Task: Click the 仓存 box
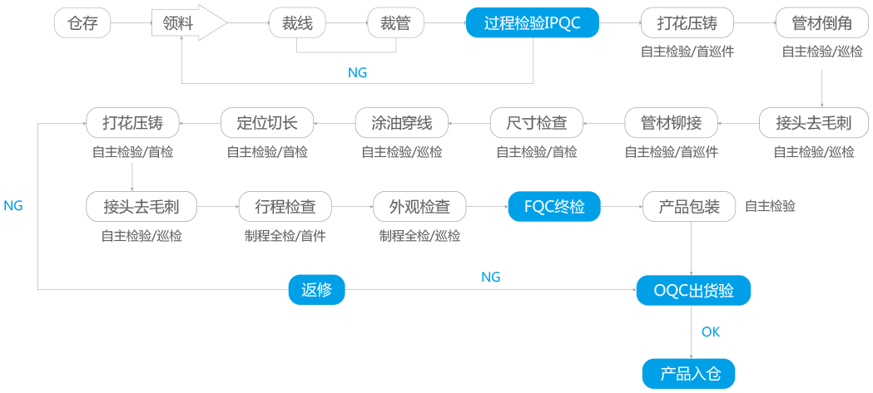[x=82, y=23]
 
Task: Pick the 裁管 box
[x=396, y=23]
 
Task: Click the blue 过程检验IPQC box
[x=532, y=23]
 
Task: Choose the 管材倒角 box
[x=822, y=23]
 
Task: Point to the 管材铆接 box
[x=671, y=123]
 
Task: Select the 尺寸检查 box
[x=537, y=123]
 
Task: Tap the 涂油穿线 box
[x=401, y=123]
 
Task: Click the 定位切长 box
[x=267, y=123]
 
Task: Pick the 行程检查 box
[x=284, y=206]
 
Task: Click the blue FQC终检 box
[x=553, y=206]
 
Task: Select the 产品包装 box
[x=689, y=206]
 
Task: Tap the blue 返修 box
[x=316, y=290]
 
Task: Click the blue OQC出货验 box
[x=694, y=290]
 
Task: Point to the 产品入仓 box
[x=689, y=373]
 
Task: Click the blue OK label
[x=710, y=332]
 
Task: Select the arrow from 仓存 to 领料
[x=131, y=23]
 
